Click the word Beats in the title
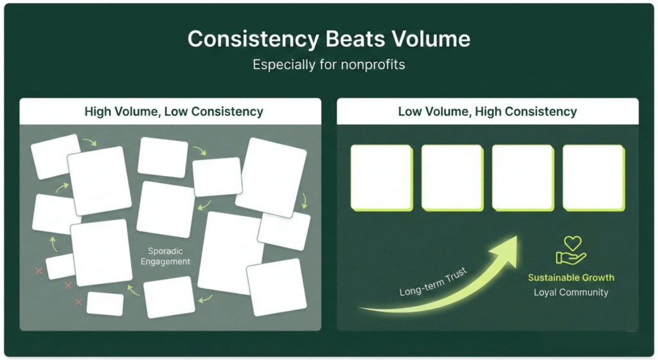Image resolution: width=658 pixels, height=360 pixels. click(357, 39)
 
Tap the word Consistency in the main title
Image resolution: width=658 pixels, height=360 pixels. click(253, 39)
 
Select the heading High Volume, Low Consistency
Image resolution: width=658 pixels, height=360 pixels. click(173, 111)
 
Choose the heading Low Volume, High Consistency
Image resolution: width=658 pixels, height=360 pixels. click(487, 111)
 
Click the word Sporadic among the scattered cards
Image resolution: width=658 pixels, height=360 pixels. click(165, 251)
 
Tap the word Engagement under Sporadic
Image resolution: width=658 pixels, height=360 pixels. click(165, 262)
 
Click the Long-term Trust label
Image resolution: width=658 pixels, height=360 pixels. click(433, 282)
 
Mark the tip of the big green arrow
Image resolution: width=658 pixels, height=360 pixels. click(515, 238)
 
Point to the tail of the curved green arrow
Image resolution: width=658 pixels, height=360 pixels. click(361, 309)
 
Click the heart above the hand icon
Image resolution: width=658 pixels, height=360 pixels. click(573, 243)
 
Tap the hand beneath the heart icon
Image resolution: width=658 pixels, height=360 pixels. click(571, 258)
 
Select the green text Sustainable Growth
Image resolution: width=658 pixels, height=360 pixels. click(571, 278)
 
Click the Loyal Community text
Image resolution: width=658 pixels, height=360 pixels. click(571, 292)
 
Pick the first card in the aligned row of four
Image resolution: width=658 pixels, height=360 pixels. click(381, 177)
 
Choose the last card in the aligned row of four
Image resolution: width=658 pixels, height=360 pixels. click(593, 177)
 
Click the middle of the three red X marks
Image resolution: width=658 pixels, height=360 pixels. click(68, 285)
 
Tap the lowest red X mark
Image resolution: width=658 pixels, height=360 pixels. click(79, 302)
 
